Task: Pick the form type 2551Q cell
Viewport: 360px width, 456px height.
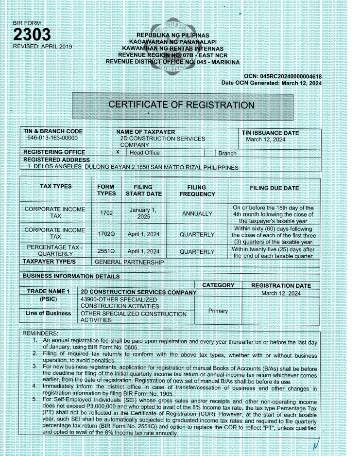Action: coord(106,252)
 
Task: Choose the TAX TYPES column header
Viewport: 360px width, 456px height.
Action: coord(56,187)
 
